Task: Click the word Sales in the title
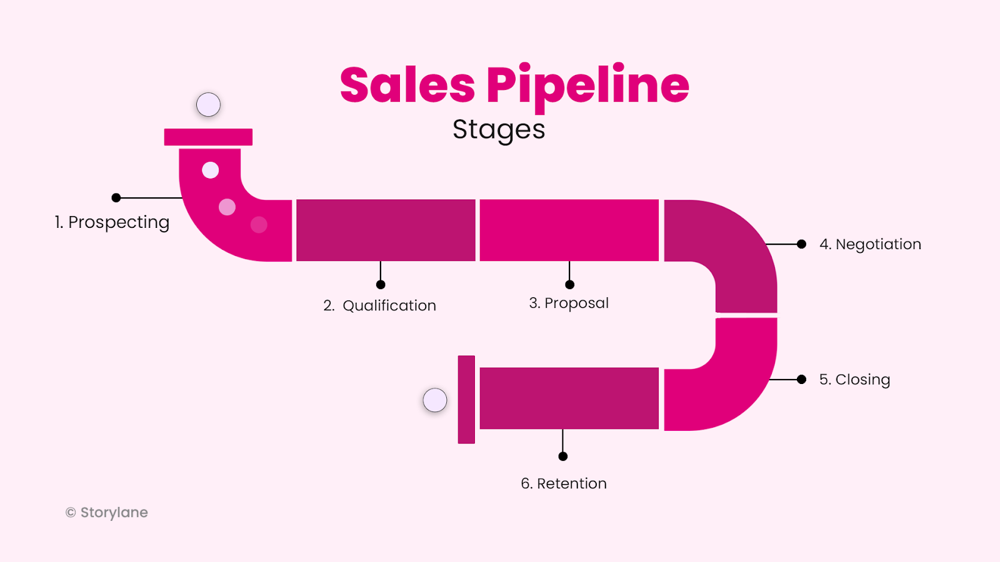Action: point(407,86)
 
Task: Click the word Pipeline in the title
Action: point(587,86)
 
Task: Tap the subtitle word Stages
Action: point(499,130)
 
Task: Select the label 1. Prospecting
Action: point(112,222)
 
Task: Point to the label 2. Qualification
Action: point(379,305)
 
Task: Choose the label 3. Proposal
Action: point(569,303)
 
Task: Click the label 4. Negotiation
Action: point(870,244)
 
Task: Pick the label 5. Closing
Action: point(854,380)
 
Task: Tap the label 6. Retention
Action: point(564,483)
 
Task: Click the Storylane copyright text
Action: point(107,513)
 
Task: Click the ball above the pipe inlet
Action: point(208,105)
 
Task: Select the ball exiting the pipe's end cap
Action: point(435,400)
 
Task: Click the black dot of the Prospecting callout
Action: point(116,198)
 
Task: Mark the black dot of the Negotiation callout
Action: point(801,244)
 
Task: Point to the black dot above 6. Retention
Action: point(563,456)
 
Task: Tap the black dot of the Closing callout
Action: point(801,379)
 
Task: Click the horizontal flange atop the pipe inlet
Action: point(208,137)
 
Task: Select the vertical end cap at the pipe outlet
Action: point(466,400)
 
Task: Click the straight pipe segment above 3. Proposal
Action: point(569,230)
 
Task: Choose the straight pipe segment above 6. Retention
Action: point(569,398)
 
